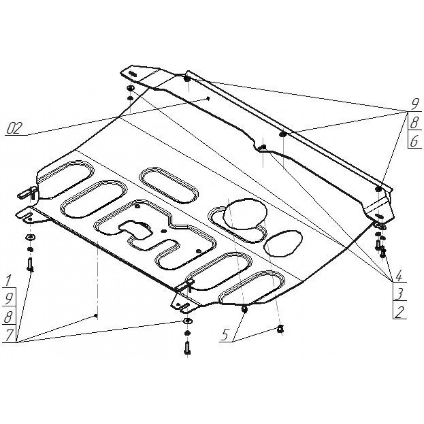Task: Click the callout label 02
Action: [x=13, y=128]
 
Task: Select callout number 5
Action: [x=226, y=334]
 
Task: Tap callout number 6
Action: [x=414, y=141]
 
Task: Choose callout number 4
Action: [x=399, y=276]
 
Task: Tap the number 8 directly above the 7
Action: [x=8, y=317]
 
